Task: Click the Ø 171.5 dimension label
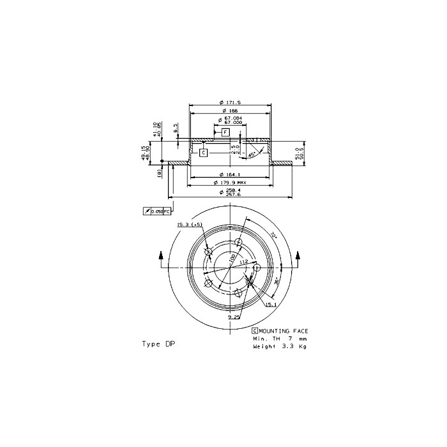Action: pyautogui.click(x=229, y=103)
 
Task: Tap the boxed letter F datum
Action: pyautogui.click(x=225, y=132)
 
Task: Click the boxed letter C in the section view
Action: pyautogui.click(x=203, y=153)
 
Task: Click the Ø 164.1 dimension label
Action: pyautogui.click(x=229, y=175)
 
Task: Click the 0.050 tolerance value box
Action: pyautogui.click(x=157, y=211)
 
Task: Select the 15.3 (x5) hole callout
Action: pyautogui.click(x=190, y=225)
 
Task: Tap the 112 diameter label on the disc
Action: pyautogui.click(x=243, y=262)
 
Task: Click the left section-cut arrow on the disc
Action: pyautogui.click(x=162, y=256)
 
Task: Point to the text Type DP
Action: pyautogui.click(x=158, y=344)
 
